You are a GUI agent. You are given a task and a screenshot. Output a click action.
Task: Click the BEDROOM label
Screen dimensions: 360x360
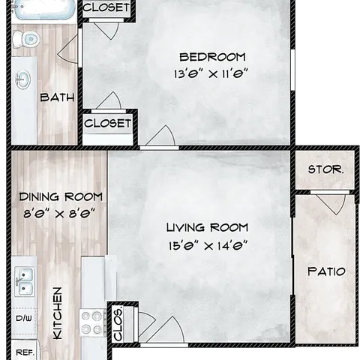[x=212, y=57]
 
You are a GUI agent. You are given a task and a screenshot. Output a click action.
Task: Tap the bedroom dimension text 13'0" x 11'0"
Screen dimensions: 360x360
[x=211, y=74]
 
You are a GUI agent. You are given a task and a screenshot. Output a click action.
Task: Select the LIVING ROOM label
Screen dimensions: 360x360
[x=207, y=227]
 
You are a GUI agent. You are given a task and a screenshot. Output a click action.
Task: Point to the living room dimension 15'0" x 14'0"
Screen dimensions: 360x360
[x=208, y=245]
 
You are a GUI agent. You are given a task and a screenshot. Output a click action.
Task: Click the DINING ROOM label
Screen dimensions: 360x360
[x=61, y=197]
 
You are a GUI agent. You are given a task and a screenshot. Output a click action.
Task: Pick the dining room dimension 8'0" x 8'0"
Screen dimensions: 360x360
[x=59, y=214]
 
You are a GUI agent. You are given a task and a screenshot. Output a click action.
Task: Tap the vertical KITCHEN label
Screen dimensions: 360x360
[x=58, y=313]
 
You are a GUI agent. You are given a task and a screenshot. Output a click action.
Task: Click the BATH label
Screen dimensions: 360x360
[x=57, y=97]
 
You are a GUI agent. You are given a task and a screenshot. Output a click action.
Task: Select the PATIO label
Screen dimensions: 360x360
[x=326, y=271]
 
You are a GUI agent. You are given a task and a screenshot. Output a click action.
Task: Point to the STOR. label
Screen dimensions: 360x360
[x=325, y=169]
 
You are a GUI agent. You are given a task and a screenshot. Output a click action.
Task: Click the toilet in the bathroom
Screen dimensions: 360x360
[x=26, y=39]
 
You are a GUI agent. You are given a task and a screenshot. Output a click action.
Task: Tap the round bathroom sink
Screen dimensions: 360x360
[x=23, y=79]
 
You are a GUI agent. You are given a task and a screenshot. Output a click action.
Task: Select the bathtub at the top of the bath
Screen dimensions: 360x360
[x=44, y=10]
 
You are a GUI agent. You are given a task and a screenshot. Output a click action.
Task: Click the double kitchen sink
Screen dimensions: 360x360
[x=24, y=282]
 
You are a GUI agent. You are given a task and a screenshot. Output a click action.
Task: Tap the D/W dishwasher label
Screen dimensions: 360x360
[x=24, y=319]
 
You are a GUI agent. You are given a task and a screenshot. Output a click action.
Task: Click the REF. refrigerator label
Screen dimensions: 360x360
[x=25, y=352]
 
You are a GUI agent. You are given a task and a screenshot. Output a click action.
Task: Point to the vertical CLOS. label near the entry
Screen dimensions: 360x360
[x=118, y=323]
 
